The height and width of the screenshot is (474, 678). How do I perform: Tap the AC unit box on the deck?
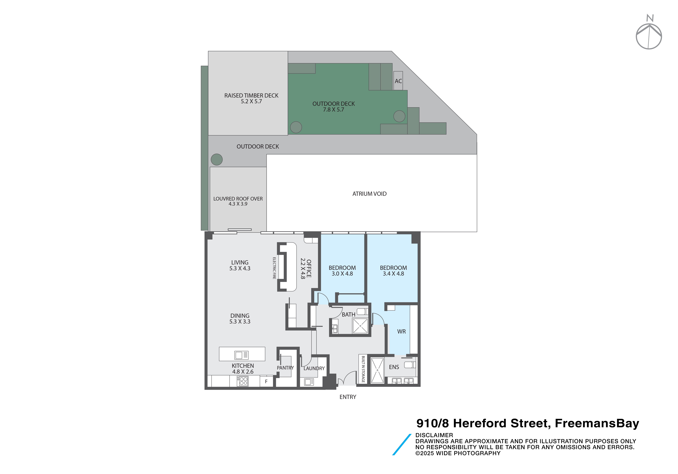(398, 81)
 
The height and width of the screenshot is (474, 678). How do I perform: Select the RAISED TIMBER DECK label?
(251, 96)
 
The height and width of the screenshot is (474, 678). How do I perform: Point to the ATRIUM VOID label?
(369, 194)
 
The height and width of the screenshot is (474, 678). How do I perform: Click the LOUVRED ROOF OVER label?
(238, 199)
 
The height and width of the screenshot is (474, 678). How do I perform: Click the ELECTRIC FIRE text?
(274, 268)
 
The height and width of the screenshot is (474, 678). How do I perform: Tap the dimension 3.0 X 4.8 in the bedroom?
(342, 274)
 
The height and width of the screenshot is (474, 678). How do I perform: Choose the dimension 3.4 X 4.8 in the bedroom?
(393, 274)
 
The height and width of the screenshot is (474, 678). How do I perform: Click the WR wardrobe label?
(401, 332)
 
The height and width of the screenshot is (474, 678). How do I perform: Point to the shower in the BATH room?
(360, 326)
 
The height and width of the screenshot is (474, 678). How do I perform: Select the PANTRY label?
(285, 368)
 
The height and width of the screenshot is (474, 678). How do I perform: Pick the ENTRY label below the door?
(348, 397)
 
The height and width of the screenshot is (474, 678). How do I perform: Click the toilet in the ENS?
(410, 365)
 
